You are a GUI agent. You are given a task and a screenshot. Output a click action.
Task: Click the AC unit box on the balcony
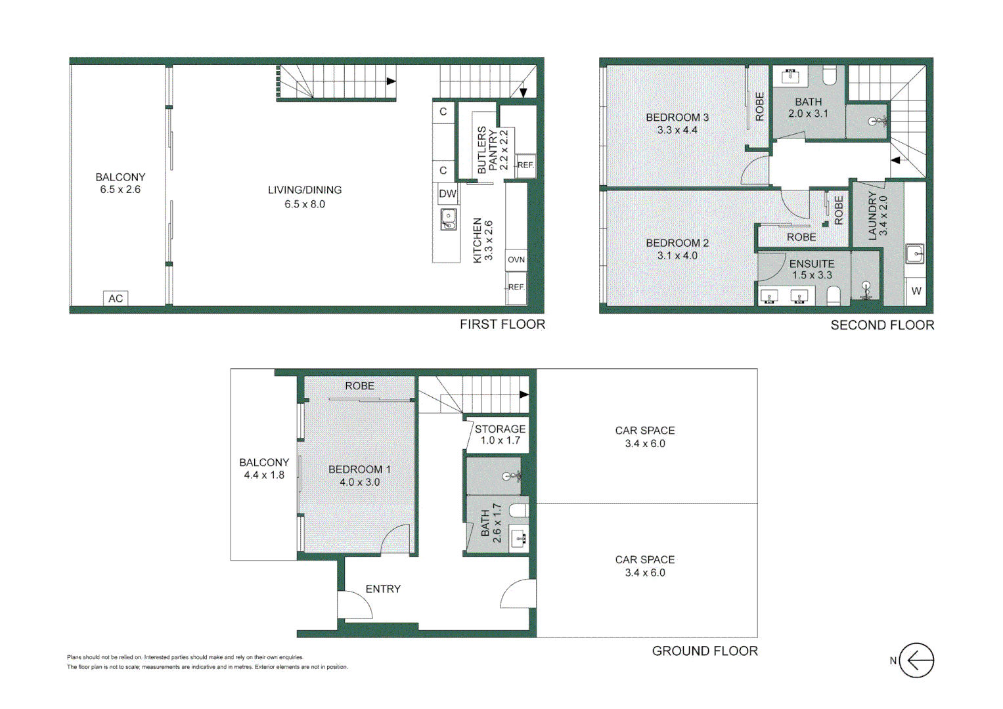pyautogui.click(x=116, y=299)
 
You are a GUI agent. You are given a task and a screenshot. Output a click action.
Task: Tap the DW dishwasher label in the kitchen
pyautogui.click(x=447, y=194)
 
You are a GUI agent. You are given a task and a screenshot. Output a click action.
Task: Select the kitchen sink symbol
pyautogui.click(x=449, y=219)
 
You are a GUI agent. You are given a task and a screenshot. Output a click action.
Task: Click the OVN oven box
pyautogui.click(x=516, y=260)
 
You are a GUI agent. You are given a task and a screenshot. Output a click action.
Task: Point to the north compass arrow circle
pyautogui.click(x=916, y=660)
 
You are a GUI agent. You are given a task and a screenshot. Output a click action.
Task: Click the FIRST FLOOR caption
pyautogui.click(x=502, y=324)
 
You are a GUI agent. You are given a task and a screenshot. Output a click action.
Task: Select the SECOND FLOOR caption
pyautogui.click(x=881, y=325)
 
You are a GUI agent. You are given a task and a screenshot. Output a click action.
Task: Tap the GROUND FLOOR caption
pyautogui.click(x=704, y=651)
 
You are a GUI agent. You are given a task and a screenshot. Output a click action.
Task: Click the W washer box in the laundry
pyautogui.click(x=916, y=291)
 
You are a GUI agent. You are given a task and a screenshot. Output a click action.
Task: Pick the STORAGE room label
pyautogui.click(x=500, y=429)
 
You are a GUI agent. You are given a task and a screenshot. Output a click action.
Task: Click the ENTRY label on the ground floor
pyautogui.click(x=383, y=589)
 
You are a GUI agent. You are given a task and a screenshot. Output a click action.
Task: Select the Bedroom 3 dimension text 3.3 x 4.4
pyautogui.click(x=677, y=130)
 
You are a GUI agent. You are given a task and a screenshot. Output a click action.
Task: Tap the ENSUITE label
pyautogui.click(x=812, y=263)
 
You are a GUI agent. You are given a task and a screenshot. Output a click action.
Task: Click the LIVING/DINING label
pyautogui.click(x=305, y=190)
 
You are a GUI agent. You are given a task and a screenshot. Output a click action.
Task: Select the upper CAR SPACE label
pyautogui.click(x=644, y=431)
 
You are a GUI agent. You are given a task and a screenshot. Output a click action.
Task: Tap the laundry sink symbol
pyautogui.click(x=915, y=253)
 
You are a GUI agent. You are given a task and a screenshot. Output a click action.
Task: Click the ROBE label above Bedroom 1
pyautogui.click(x=359, y=386)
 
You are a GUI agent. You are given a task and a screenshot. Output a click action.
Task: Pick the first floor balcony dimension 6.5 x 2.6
pyautogui.click(x=120, y=190)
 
